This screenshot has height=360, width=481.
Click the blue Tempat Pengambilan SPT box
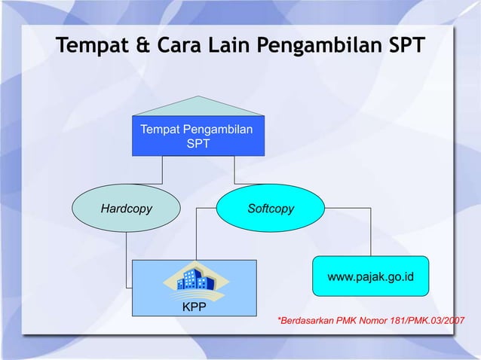(198, 136)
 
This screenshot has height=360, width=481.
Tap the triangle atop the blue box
(198, 107)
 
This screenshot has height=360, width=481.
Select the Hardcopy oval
(127, 208)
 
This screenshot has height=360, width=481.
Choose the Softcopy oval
(270, 208)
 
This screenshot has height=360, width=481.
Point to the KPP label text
(195, 307)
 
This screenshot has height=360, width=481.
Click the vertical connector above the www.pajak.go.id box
(371, 233)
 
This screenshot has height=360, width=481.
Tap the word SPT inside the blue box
(198, 142)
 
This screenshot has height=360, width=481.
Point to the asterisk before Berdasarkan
(280, 321)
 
